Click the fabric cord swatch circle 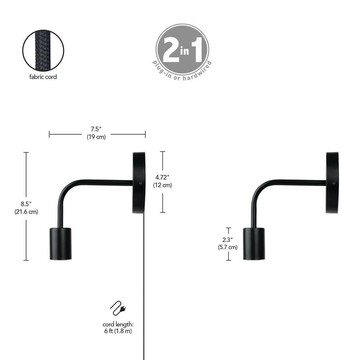click(x=43, y=50)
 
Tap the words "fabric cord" click(x=43, y=77)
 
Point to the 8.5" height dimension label click(x=26, y=205)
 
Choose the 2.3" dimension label click(x=228, y=239)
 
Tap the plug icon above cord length click(x=120, y=308)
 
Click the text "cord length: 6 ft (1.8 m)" click(x=118, y=328)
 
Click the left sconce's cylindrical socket click(x=60, y=244)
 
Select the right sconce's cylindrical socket click(x=254, y=244)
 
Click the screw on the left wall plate click(x=140, y=183)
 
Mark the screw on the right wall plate click(x=334, y=183)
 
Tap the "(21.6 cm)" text click(x=26, y=212)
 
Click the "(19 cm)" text click(x=96, y=137)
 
